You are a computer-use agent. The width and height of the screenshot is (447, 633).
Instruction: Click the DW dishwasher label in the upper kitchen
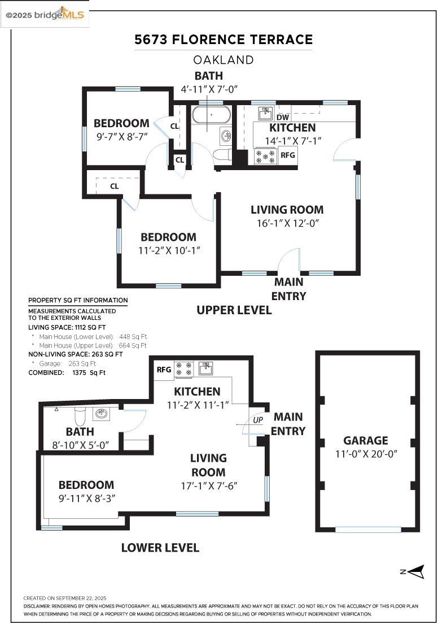click(x=283, y=117)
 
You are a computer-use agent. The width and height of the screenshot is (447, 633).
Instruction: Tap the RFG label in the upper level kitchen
click(x=287, y=155)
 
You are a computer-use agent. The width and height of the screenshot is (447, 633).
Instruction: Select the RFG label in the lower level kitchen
click(x=164, y=370)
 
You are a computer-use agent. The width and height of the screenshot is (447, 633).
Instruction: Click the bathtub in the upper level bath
click(x=211, y=115)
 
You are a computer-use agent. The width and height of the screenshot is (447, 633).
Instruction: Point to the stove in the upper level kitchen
click(x=265, y=156)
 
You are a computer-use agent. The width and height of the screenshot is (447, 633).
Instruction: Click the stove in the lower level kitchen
click(x=184, y=369)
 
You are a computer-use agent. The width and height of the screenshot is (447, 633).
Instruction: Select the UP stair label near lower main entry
click(x=258, y=420)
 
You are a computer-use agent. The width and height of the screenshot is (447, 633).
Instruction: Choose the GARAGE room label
click(x=366, y=440)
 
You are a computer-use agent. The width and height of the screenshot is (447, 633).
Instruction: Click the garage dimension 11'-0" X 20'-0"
click(x=366, y=454)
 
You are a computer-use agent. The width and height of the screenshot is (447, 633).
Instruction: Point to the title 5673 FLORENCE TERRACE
click(x=224, y=40)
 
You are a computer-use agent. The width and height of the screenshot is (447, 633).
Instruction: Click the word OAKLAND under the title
click(x=224, y=59)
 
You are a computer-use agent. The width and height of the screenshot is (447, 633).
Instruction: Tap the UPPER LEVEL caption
click(x=234, y=310)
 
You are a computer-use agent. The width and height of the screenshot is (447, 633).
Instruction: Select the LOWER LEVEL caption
click(x=160, y=547)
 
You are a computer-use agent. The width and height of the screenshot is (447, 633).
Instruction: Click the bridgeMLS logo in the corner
click(x=45, y=15)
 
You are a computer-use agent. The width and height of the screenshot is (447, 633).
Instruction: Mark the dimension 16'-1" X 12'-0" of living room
click(x=287, y=223)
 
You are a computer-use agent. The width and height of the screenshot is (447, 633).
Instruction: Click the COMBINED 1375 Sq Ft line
click(x=67, y=372)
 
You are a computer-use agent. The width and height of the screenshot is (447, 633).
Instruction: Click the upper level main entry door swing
click(x=289, y=261)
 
